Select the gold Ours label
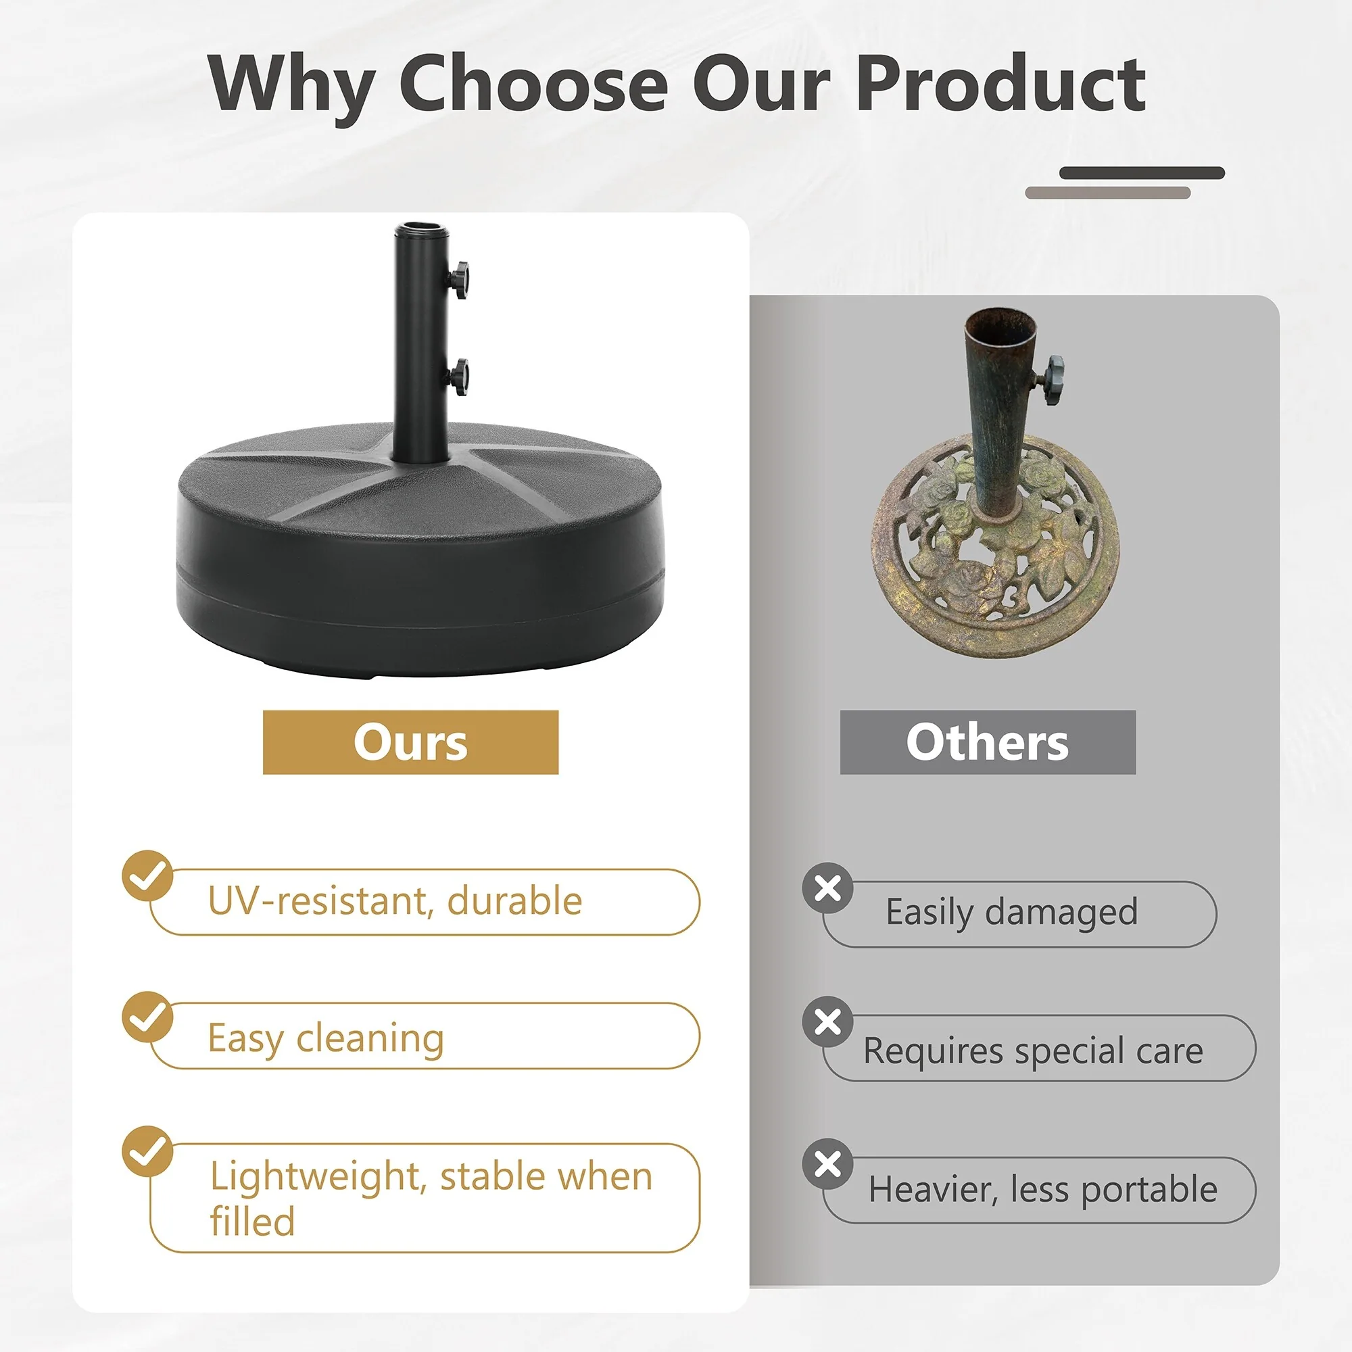click(411, 742)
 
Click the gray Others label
click(988, 742)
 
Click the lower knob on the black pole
click(458, 377)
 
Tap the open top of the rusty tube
click(1000, 323)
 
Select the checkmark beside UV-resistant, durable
click(147, 875)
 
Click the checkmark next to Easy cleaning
click(147, 1017)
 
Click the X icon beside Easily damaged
click(828, 888)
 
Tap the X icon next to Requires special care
click(828, 1021)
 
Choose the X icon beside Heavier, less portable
click(828, 1165)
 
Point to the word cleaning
click(370, 1039)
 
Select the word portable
click(1150, 1190)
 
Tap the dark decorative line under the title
click(1142, 173)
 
